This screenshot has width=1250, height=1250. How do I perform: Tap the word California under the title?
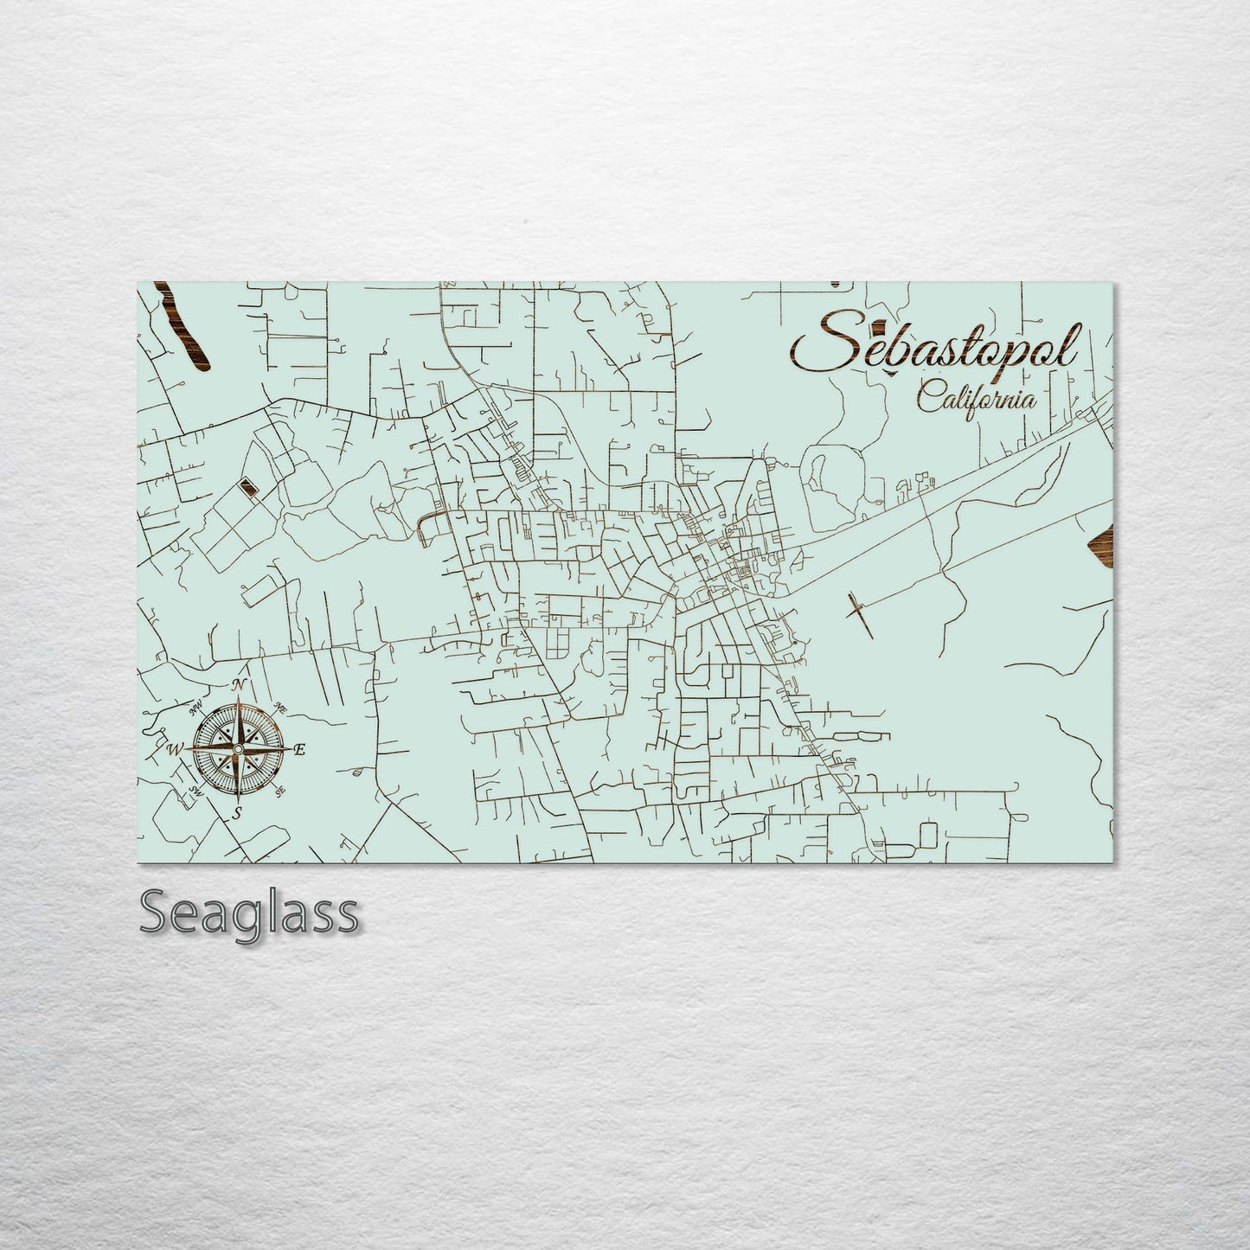click(x=977, y=399)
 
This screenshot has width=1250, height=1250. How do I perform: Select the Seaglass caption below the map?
click(x=247, y=913)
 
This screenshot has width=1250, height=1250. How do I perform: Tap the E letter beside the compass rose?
click(x=300, y=751)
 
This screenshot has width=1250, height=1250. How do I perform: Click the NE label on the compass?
click(x=280, y=707)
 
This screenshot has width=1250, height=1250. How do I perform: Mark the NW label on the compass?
click(x=196, y=710)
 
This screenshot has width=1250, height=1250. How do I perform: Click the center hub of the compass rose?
click(x=239, y=748)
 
